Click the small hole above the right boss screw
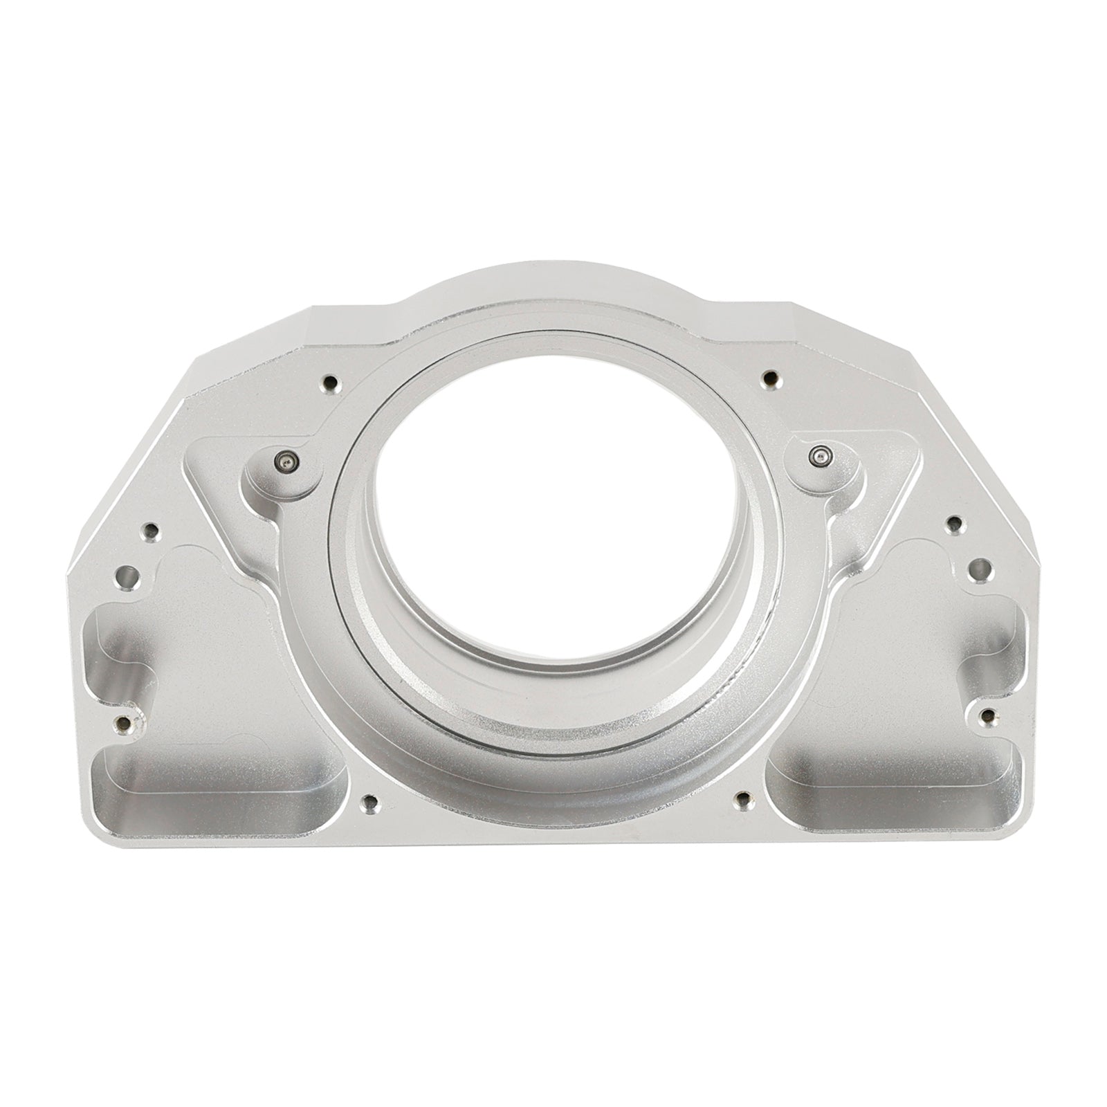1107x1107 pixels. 769,378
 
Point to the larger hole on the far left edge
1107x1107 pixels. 127,576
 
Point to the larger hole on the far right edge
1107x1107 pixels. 977,571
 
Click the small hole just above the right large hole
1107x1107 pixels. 955,524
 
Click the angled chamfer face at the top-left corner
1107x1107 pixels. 242,360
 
